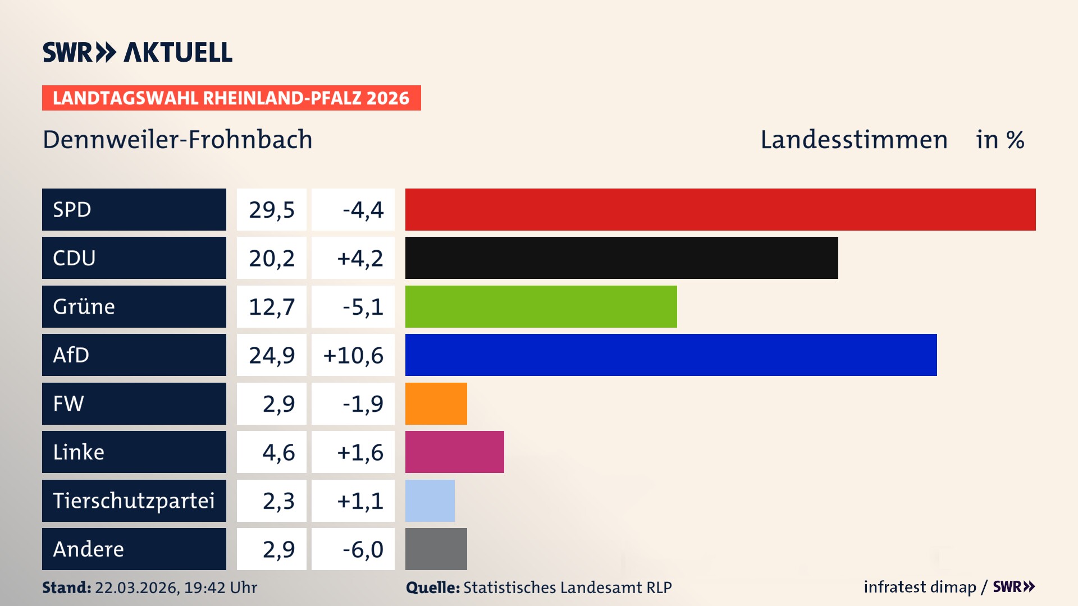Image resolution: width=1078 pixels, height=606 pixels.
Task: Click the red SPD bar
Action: [x=720, y=209]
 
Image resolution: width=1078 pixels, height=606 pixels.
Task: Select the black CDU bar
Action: [x=622, y=258]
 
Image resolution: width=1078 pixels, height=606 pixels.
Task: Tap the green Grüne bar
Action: [x=541, y=306]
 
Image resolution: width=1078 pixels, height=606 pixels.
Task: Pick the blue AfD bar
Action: [x=671, y=355]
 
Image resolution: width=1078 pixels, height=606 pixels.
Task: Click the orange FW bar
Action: [x=436, y=403]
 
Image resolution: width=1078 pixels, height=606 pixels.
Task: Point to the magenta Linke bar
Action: [x=454, y=452]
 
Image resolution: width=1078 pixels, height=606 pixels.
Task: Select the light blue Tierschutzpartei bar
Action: [x=430, y=501]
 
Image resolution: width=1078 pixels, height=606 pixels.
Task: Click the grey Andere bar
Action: [x=436, y=549]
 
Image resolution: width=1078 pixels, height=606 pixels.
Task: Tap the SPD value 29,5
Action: [x=272, y=210]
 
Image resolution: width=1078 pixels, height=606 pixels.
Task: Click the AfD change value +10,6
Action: [x=353, y=355]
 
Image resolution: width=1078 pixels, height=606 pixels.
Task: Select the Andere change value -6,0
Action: [x=363, y=549]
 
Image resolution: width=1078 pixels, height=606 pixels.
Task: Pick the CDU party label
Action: [x=74, y=258]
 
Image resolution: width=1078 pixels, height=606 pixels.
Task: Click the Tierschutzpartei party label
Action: [x=134, y=501]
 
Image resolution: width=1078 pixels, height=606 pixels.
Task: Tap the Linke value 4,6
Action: [x=278, y=452]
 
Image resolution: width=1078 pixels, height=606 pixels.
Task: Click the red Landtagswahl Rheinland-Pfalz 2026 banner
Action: [x=231, y=98]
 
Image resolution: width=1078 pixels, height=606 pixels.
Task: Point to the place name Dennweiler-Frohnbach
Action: [x=177, y=140]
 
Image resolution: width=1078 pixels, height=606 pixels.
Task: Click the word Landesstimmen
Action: [x=853, y=140]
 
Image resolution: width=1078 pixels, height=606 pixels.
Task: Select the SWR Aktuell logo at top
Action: [x=138, y=52]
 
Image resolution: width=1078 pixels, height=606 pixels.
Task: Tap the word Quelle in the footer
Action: [x=432, y=587]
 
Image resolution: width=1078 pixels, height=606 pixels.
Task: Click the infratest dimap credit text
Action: [x=920, y=587]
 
